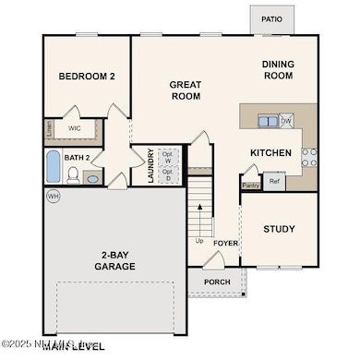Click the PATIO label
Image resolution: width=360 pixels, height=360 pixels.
coord(271,18)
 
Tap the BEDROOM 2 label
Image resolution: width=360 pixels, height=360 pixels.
coord(86,77)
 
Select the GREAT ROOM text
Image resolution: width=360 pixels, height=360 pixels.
coord(185,89)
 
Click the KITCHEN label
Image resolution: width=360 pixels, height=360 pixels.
coord(271,152)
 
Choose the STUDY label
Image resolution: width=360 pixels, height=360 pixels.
coord(278,229)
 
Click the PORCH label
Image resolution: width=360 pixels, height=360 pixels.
coord(217,282)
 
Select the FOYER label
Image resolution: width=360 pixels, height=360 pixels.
coord(226,244)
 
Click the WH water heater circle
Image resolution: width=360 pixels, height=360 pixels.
coord(52,196)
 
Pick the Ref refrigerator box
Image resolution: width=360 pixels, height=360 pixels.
coord(274,182)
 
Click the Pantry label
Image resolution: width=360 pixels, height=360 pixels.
coord(250,185)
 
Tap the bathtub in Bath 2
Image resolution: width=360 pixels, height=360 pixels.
coord(53,167)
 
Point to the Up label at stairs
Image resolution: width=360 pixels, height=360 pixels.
coord(199,241)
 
